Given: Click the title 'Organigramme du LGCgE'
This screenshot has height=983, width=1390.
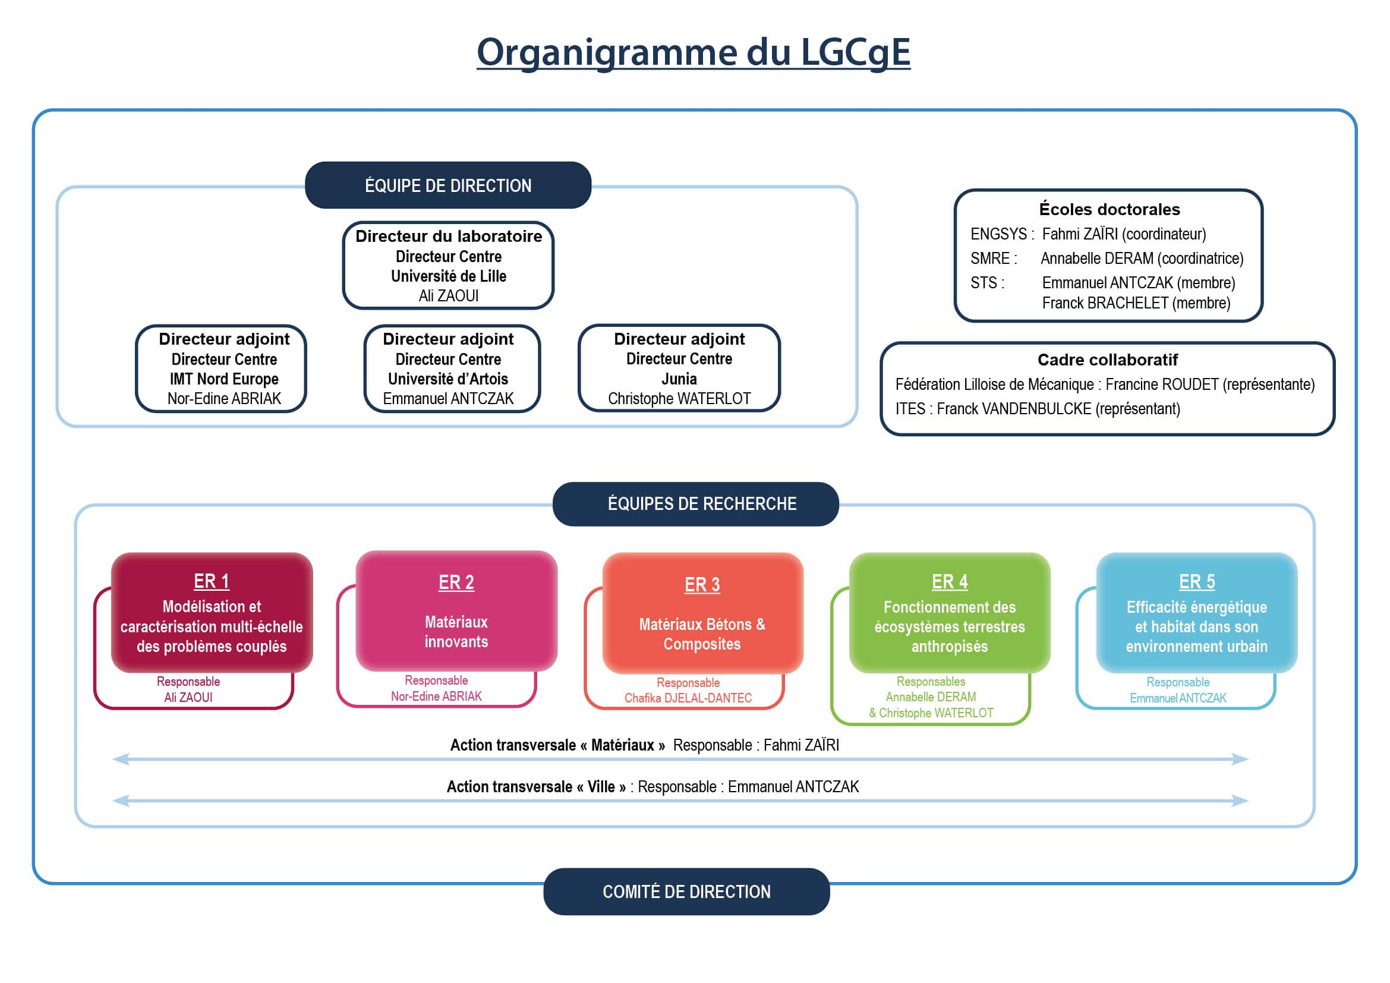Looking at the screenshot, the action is (x=693, y=53).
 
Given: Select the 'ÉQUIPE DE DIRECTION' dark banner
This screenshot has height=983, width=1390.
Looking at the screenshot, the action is (x=448, y=185).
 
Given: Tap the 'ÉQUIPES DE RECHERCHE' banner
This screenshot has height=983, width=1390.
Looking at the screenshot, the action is (x=696, y=503).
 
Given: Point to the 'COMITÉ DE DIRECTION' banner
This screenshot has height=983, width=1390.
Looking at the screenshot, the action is (x=686, y=891).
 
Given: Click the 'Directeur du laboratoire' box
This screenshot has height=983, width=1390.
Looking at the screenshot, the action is (x=448, y=265).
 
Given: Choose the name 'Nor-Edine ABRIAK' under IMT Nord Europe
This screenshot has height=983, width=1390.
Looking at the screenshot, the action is (x=224, y=399).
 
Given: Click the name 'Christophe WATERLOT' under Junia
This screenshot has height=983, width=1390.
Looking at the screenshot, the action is (x=679, y=399).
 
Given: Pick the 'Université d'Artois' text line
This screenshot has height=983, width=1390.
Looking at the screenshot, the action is (x=448, y=379).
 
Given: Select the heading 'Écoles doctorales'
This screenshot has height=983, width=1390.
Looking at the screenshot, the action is (x=1110, y=209).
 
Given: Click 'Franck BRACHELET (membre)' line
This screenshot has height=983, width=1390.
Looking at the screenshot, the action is (x=1136, y=303).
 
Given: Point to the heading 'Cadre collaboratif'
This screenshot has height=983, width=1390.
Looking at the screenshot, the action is (x=1108, y=360).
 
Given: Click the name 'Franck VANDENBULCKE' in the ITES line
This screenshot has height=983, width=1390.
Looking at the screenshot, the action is (x=1014, y=409).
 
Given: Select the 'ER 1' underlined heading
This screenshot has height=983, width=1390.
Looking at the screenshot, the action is (x=212, y=582).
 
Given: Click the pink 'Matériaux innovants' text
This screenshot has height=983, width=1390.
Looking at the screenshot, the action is (x=456, y=632).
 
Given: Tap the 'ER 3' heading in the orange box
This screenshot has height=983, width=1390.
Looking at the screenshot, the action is (x=702, y=585).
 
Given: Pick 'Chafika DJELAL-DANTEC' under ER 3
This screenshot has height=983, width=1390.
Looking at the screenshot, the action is (x=688, y=698).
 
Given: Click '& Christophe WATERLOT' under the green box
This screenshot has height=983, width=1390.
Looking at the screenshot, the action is (x=931, y=713).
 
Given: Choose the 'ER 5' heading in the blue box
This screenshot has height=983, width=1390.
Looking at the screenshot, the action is (x=1197, y=582).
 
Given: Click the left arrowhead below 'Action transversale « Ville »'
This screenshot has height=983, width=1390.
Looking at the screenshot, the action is (x=121, y=801).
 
